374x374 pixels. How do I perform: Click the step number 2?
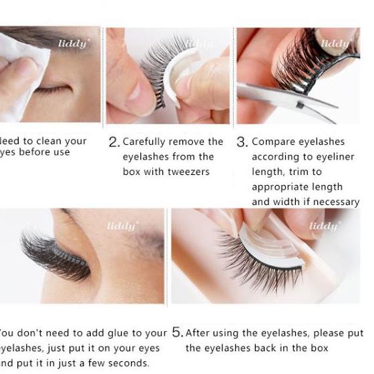[x=114, y=142]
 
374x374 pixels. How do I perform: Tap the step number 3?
[x=241, y=142]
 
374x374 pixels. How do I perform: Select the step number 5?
[x=177, y=332]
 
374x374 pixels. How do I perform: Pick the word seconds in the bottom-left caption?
[x=128, y=363]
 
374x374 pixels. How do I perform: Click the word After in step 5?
[x=198, y=333]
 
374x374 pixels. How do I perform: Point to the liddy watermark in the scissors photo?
[x=335, y=44]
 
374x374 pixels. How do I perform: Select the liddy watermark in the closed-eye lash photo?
[x=122, y=226]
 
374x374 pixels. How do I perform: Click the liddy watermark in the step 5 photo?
[x=324, y=226]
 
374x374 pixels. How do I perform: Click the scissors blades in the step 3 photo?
[x=287, y=98]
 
